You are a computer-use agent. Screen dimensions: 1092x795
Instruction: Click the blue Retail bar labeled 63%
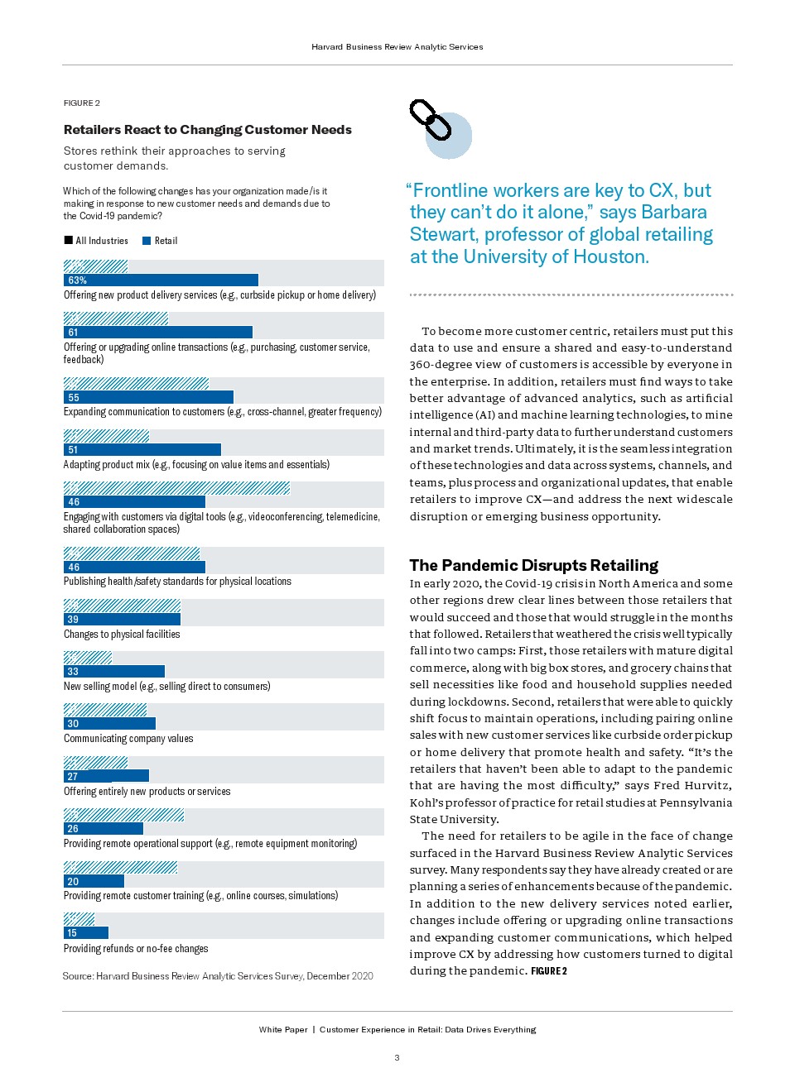coord(161,280)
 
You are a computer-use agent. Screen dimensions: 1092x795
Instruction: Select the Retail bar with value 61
coord(157,333)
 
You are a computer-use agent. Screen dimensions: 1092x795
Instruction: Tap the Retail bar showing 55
coord(148,397)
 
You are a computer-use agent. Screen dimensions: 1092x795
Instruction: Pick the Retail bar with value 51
coord(142,450)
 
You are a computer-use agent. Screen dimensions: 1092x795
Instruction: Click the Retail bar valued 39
coord(122,620)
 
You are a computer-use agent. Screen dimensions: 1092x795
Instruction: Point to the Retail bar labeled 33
coord(114,672)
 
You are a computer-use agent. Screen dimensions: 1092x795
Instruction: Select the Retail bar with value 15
coord(86,933)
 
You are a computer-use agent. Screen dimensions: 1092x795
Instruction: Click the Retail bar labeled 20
coord(94,882)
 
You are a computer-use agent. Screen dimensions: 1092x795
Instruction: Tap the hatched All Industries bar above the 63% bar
coord(95,266)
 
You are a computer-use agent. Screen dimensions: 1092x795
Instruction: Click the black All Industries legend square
coord(69,241)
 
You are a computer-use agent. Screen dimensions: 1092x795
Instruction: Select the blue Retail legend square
coord(147,241)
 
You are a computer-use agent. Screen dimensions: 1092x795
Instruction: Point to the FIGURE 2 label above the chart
coord(82,103)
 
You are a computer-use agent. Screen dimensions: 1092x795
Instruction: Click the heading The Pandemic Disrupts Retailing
coord(533,565)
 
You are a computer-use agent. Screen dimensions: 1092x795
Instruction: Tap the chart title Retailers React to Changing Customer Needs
coord(208,130)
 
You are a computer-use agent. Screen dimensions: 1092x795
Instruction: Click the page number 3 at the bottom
coord(397,1057)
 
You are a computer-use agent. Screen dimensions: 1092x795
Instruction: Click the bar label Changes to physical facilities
coord(122,635)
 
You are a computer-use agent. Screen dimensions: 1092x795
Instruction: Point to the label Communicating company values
coord(128,739)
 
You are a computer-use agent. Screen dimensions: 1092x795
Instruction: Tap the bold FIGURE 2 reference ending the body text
coord(549,971)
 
